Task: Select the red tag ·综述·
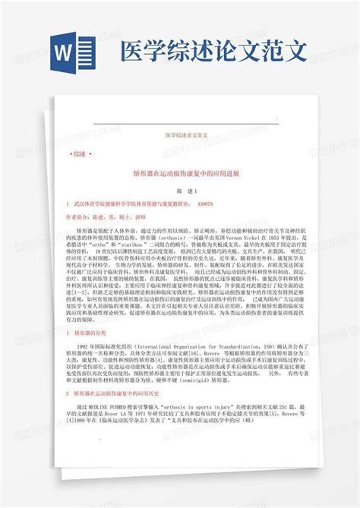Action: point(78,153)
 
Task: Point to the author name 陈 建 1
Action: point(179,192)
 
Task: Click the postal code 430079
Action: point(205,204)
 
